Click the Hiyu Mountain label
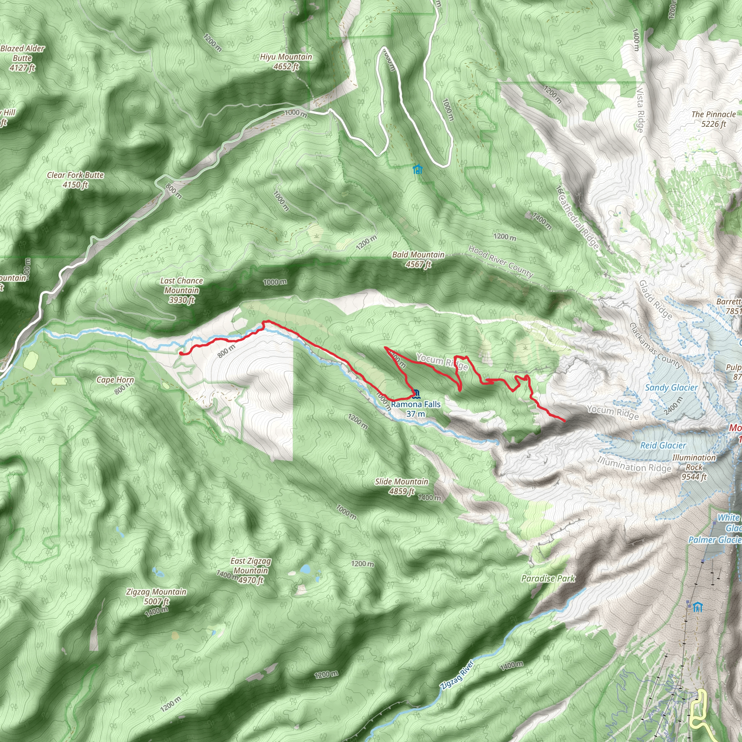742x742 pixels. pos(286,62)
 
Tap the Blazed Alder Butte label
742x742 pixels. pos(22,58)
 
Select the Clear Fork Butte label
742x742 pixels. pos(75,180)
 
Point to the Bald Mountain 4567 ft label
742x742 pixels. pos(418,259)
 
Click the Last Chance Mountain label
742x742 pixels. pos(181,290)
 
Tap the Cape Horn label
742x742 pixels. pos(115,380)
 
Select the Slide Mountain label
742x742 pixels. pos(401,486)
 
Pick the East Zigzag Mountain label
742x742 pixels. pos(250,570)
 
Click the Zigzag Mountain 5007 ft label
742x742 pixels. pos(156,596)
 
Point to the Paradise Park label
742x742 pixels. pos(548,578)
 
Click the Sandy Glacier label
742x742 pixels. pos(671,388)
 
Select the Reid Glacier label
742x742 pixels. pos(663,446)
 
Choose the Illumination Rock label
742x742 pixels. pos(694,467)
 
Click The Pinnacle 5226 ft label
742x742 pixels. pos(714,119)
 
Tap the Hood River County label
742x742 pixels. pos(501,262)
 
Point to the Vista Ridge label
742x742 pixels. pos(640,110)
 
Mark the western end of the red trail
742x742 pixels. pos(180,353)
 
